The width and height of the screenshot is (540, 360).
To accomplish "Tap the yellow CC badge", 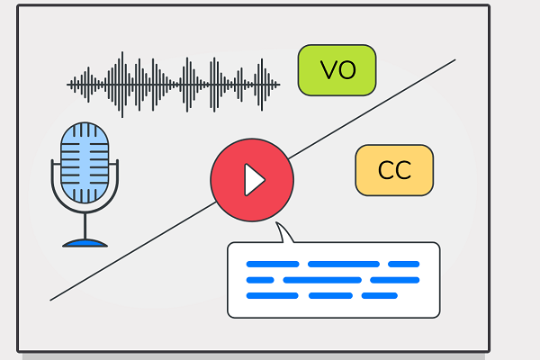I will click(394, 170).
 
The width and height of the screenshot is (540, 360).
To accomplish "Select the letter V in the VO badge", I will click(328, 70).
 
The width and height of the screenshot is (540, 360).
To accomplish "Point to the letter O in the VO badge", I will click(347, 70).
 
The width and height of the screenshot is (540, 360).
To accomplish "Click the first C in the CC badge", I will click(385, 170).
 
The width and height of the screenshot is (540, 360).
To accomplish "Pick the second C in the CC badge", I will click(404, 170).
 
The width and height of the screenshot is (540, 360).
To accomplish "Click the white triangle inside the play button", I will click(254, 180).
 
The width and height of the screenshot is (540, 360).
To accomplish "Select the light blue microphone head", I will click(85, 162).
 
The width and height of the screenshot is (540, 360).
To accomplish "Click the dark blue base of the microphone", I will click(85, 241).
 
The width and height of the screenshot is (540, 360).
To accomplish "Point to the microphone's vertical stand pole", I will click(85, 223).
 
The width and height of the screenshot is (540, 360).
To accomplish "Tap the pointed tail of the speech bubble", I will click(284, 234).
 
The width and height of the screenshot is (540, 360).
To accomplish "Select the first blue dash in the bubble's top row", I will click(272, 264).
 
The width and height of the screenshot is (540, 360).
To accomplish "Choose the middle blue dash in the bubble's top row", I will click(343, 264).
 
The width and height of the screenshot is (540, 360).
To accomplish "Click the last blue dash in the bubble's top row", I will click(403, 264).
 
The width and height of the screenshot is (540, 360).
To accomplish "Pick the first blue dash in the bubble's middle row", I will click(260, 280).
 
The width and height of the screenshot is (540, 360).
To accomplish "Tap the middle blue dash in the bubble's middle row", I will click(321, 280).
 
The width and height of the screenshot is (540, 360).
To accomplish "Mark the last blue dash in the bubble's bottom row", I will click(379, 295).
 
